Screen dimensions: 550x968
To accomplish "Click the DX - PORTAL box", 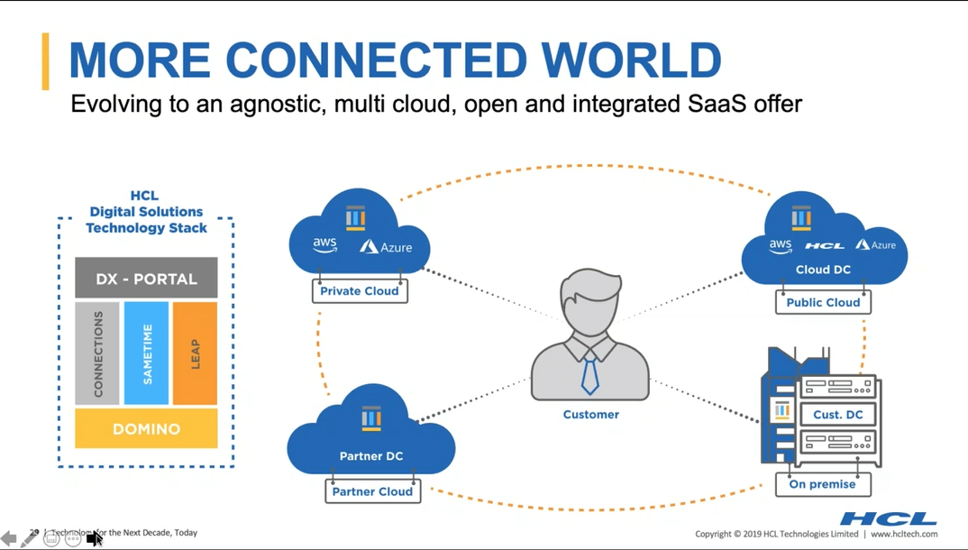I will [x=146, y=279].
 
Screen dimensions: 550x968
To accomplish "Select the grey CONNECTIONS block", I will [x=97, y=353].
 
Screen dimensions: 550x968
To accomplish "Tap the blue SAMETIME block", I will [x=146, y=353].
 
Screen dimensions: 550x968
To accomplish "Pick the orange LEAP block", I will [x=195, y=353].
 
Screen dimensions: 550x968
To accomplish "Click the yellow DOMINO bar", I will [x=146, y=429].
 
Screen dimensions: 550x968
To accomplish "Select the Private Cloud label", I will [x=360, y=291].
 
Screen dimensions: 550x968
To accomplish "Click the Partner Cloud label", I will [x=372, y=491].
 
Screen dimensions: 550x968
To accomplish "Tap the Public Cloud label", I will [x=823, y=303].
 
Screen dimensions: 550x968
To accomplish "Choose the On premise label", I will [x=822, y=484].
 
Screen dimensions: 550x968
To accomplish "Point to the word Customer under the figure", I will [x=591, y=415].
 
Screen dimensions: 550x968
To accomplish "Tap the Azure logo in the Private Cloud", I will [x=387, y=246].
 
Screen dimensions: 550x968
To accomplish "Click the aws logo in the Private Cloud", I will [x=324, y=245].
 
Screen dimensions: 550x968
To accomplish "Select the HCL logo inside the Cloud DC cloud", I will [x=824, y=245].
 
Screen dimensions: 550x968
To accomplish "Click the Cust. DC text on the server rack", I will [x=838, y=415].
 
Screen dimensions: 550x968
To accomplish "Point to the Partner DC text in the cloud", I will [x=371, y=456].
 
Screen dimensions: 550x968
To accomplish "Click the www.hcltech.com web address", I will [x=904, y=535].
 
